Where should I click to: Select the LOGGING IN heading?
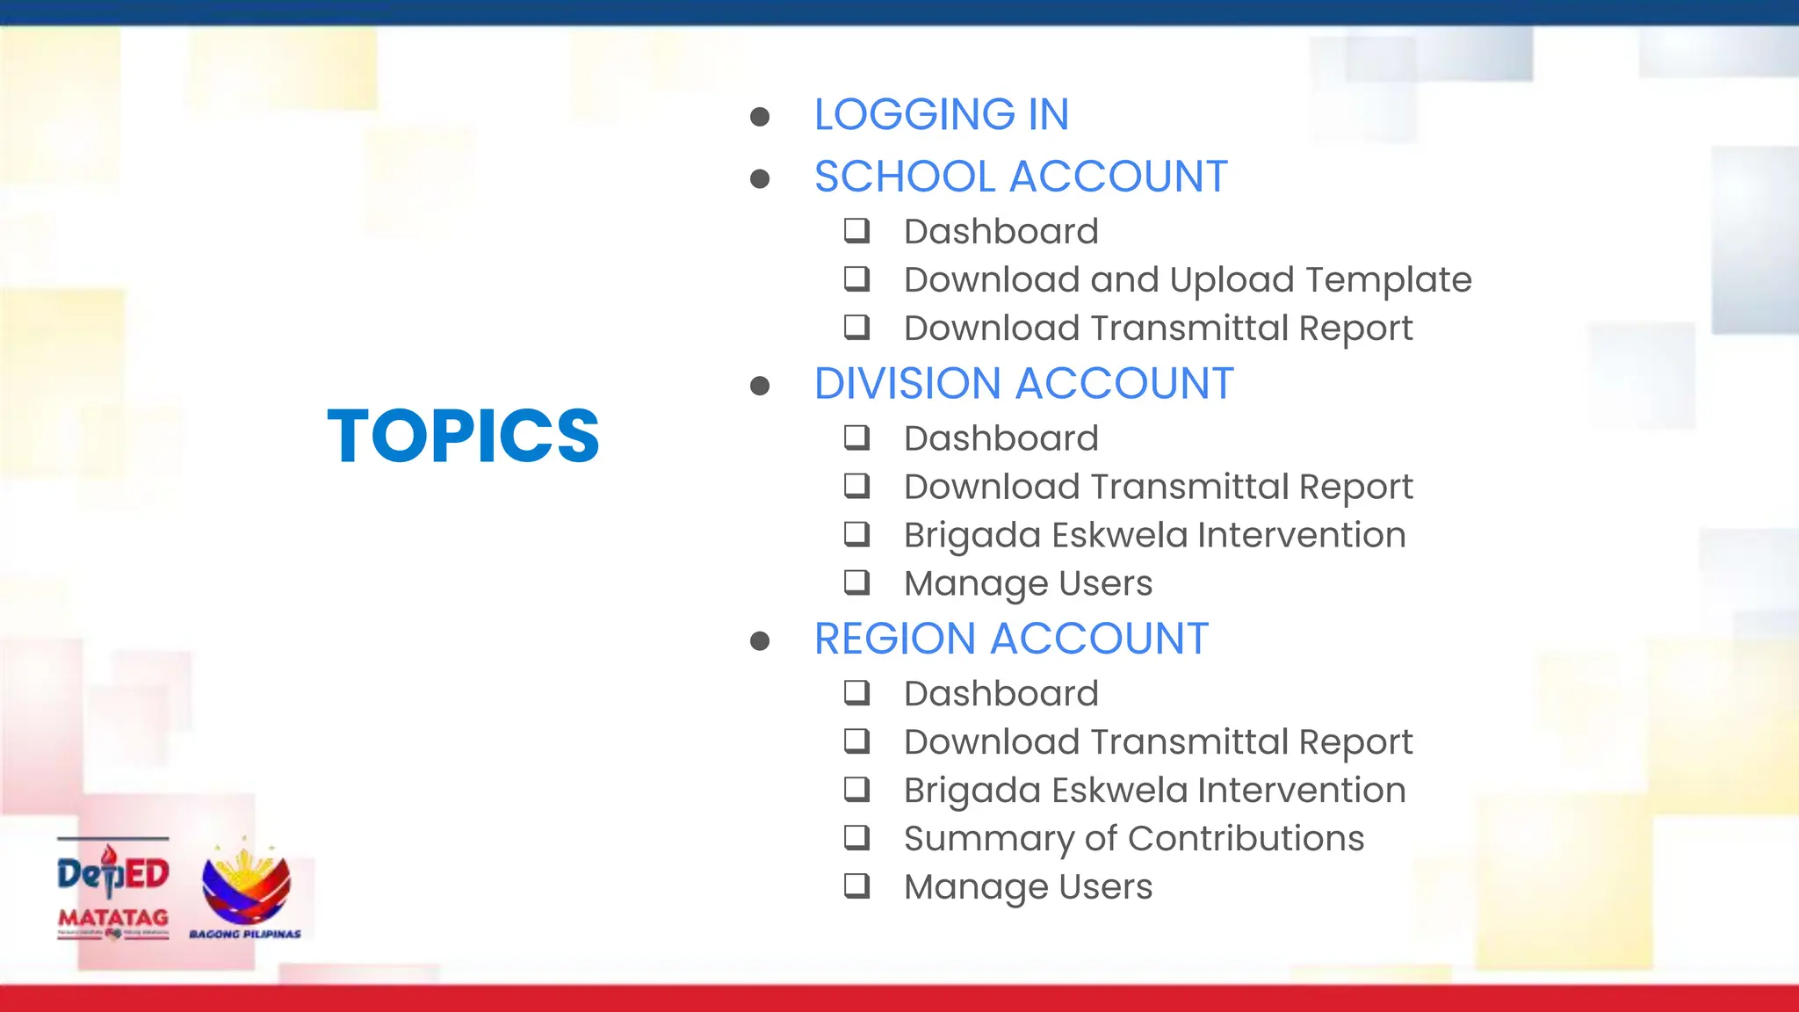point(941,114)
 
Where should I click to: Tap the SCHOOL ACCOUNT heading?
point(1020,177)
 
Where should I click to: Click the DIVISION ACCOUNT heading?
point(1023,384)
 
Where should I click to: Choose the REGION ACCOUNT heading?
point(1011,639)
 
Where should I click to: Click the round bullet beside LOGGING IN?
point(760,117)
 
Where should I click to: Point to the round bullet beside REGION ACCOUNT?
point(760,641)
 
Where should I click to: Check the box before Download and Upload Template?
point(856,279)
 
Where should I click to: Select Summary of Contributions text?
point(1133,839)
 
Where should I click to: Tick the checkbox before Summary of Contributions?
point(856,837)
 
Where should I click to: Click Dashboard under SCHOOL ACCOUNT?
point(1001,232)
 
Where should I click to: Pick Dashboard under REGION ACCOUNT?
point(1001,694)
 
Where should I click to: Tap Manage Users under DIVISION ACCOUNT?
point(1028,584)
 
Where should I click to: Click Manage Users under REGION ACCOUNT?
point(1028,887)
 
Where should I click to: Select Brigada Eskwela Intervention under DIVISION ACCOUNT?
point(1154,536)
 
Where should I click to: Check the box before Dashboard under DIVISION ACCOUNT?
point(856,437)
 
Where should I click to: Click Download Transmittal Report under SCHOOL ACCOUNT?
point(1158,329)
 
